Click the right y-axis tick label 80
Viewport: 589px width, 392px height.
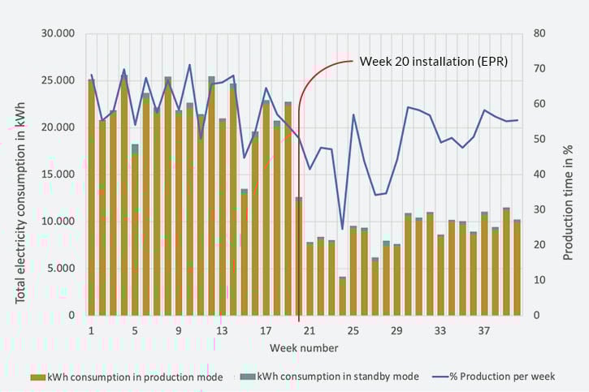click(540, 34)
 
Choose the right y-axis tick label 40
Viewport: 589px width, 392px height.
click(540, 174)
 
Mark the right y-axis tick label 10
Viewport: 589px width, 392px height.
click(540, 280)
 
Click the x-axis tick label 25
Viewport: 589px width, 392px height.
click(353, 331)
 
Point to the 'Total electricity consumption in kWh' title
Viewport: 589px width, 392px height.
click(22, 174)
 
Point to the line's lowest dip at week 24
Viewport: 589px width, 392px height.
click(342, 230)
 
